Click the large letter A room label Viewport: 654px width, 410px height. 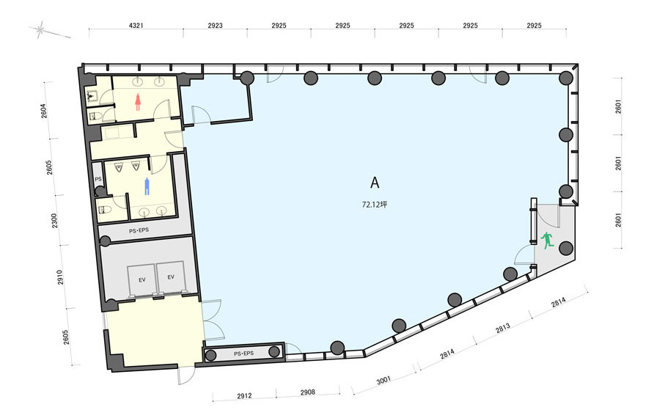click(375, 183)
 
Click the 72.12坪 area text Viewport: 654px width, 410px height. click(375, 205)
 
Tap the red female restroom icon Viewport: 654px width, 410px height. click(138, 102)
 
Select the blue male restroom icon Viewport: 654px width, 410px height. click(147, 186)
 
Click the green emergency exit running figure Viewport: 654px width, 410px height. click(547, 241)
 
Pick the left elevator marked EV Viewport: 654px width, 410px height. click(142, 279)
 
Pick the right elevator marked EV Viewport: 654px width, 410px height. click(171, 277)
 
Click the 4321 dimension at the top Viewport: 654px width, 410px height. click(136, 26)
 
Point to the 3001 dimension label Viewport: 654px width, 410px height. click(383, 380)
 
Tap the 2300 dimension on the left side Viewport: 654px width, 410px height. click(54, 221)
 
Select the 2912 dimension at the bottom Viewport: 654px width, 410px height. click(244, 396)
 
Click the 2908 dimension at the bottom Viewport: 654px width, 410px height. click(308, 392)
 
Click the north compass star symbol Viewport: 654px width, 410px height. click(40, 29)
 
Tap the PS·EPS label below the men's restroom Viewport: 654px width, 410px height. click(139, 230)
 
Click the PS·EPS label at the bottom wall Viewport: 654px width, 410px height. click(243, 354)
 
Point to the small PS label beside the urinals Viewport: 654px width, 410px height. click(98, 179)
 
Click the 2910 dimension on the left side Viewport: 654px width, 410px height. click(59, 277)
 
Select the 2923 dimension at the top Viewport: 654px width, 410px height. click(216, 26)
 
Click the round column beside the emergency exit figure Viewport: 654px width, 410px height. click(566, 248)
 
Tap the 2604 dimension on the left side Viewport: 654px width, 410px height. click(44, 111)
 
